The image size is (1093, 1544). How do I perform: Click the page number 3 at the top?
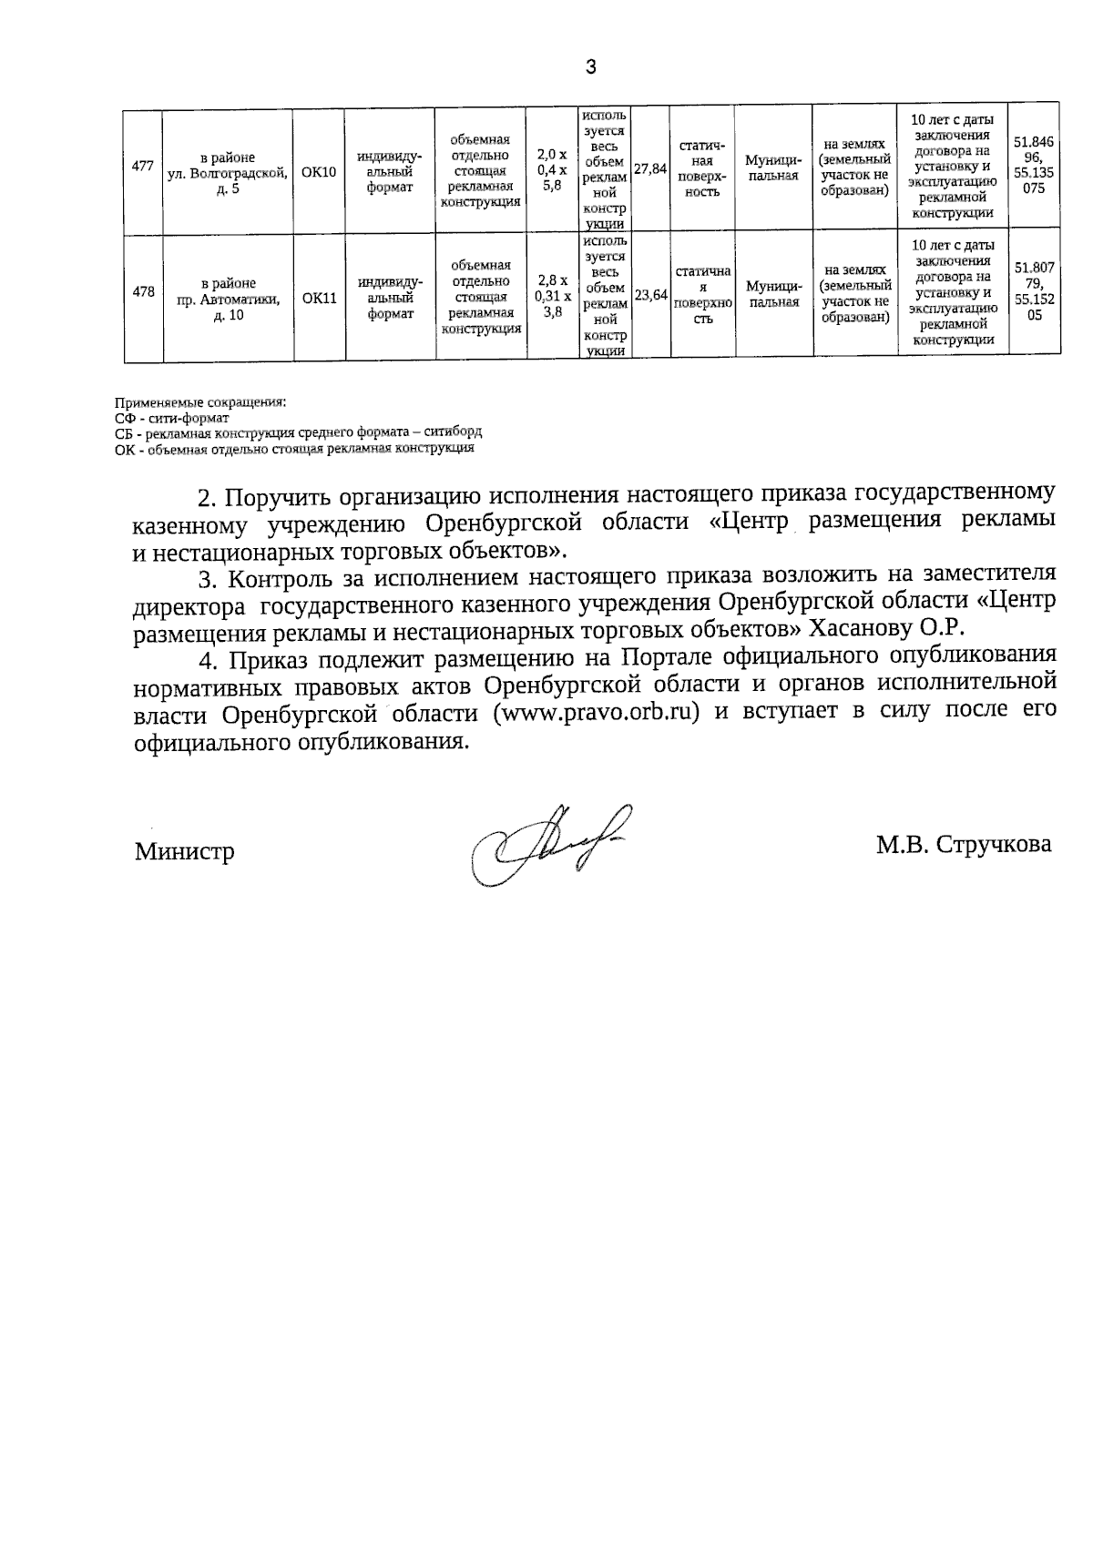(x=592, y=66)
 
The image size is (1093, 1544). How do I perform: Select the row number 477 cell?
(x=142, y=167)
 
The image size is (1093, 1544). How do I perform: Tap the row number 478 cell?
(x=142, y=292)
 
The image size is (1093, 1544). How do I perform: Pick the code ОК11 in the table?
(x=319, y=298)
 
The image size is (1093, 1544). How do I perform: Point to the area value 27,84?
(x=650, y=169)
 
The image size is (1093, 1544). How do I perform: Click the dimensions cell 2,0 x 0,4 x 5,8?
(x=552, y=169)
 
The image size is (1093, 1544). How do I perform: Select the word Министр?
(x=185, y=852)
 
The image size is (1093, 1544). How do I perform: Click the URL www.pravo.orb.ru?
(x=596, y=713)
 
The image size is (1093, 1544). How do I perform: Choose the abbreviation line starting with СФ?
(x=172, y=418)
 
